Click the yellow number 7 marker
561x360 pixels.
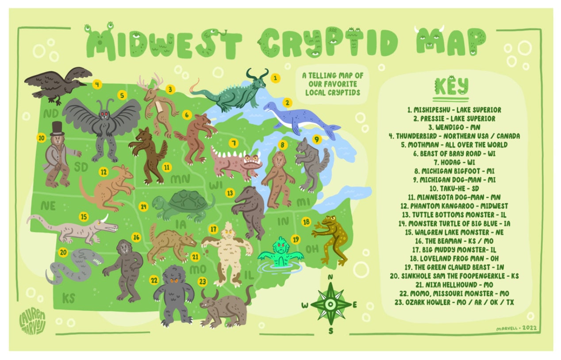point(233,143)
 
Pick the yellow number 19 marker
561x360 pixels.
point(296,239)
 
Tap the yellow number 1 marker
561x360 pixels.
point(276,78)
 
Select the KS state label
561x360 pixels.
point(69,298)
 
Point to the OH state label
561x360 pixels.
point(311,249)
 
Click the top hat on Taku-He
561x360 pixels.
point(57,128)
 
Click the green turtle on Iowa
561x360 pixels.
point(184,205)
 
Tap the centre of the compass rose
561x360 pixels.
point(330,304)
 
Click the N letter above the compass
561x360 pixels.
point(330,276)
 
